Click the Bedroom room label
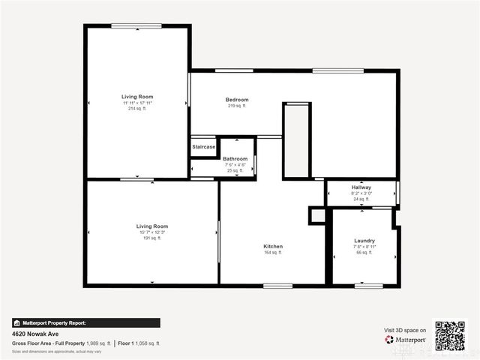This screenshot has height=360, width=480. tap(237, 100)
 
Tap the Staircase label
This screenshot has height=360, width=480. tap(204, 147)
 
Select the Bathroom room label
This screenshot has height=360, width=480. tap(235, 159)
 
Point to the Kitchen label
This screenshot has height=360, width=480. tap(273, 246)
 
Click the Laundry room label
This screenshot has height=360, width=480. tap(364, 241)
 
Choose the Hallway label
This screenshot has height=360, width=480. tap(361, 187)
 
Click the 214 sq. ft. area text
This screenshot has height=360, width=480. tap(138, 109)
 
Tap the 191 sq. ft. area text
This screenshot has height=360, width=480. tap(152, 238)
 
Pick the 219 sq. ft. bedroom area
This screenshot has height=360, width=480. tap(237, 106)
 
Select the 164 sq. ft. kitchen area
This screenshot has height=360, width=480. tap(273, 253)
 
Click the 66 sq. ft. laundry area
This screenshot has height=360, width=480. tap(364, 253)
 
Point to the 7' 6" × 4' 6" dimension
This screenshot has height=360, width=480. tap(235, 165)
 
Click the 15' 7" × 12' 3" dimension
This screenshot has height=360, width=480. tap(152, 232)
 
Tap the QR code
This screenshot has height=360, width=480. tap(450, 336)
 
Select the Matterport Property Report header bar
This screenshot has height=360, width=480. tap(85, 322)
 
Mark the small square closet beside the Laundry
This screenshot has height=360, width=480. tap(317, 215)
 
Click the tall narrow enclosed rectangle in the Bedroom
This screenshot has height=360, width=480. tap(296, 141)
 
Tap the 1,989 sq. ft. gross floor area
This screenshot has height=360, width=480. tap(97, 343)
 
